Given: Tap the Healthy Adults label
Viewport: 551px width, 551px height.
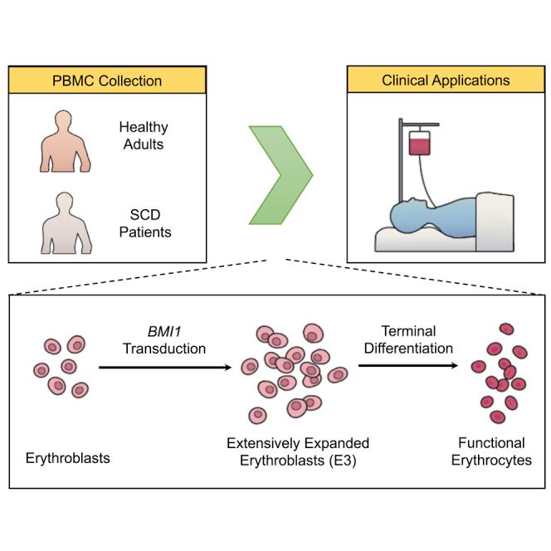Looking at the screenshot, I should [x=144, y=135].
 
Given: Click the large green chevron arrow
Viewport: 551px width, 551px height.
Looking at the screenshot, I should [x=280, y=174].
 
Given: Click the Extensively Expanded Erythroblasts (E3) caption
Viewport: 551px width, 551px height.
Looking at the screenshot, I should [x=298, y=451].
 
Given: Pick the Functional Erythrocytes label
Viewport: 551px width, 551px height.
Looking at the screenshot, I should [x=495, y=451].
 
